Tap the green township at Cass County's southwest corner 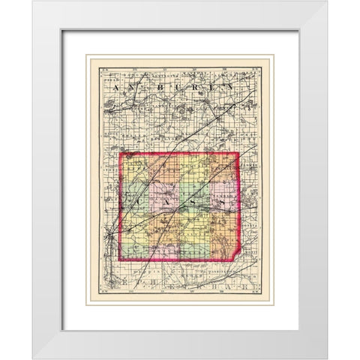pos(135,247)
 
